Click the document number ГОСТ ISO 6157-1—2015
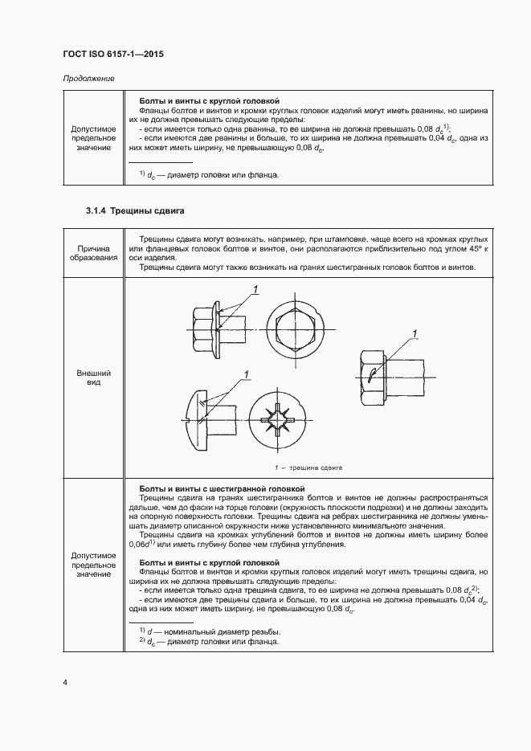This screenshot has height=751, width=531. (113, 55)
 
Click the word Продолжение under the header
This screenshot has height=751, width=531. (88, 79)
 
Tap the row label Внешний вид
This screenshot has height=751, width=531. (93, 378)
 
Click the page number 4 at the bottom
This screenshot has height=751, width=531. (64, 683)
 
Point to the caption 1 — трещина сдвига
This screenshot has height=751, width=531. (308, 467)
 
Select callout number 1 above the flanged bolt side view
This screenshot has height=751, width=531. (255, 289)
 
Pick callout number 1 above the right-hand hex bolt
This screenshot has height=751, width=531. (415, 333)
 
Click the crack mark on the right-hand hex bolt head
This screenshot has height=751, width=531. (373, 374)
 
